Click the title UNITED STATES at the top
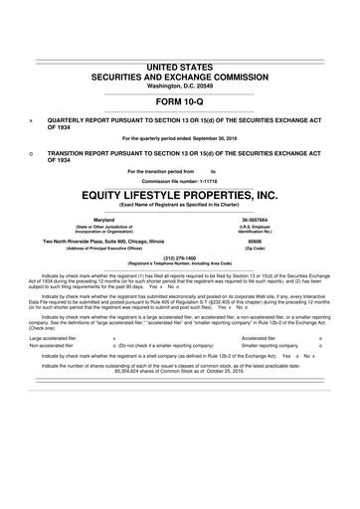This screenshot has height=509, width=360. click(x=180, y=67)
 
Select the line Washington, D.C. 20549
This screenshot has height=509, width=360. click(x=180, y=86)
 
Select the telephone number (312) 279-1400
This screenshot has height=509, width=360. click(x=180, y=255)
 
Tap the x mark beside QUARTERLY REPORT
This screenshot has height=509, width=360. click(x=32, y=118)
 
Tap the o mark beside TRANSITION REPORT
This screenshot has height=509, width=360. click(x=32, y=153)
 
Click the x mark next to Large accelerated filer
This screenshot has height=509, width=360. click(x=114, y=338)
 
